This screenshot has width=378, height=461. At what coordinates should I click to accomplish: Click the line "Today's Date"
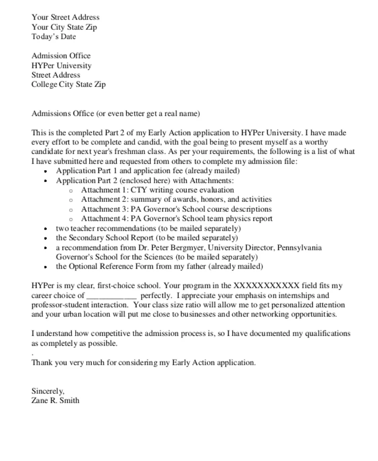pyautogui.click(x=54, y=37)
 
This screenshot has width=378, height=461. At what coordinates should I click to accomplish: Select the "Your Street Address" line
pyautogui.click(x=66, y=17)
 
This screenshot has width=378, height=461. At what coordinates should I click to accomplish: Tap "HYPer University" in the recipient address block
pyautogui.click(x=61, y=66)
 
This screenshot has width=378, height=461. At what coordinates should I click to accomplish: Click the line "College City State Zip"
pyautogui.click(x=68, y=85)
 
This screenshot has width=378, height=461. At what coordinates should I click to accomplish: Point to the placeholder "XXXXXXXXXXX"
pyautogui.click(x=266, y=286)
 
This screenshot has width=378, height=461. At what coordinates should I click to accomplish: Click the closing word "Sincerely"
pyautogui.click(x=47, y=391)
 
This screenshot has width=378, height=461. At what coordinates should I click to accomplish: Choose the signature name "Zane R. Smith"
pyautogui.click(x=55, y=401)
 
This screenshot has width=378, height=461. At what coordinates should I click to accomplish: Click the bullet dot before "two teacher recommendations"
pyautogui.click(x=47, y=229)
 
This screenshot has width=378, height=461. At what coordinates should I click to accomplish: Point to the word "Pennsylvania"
pyautogui.click(x=300, y=248)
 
